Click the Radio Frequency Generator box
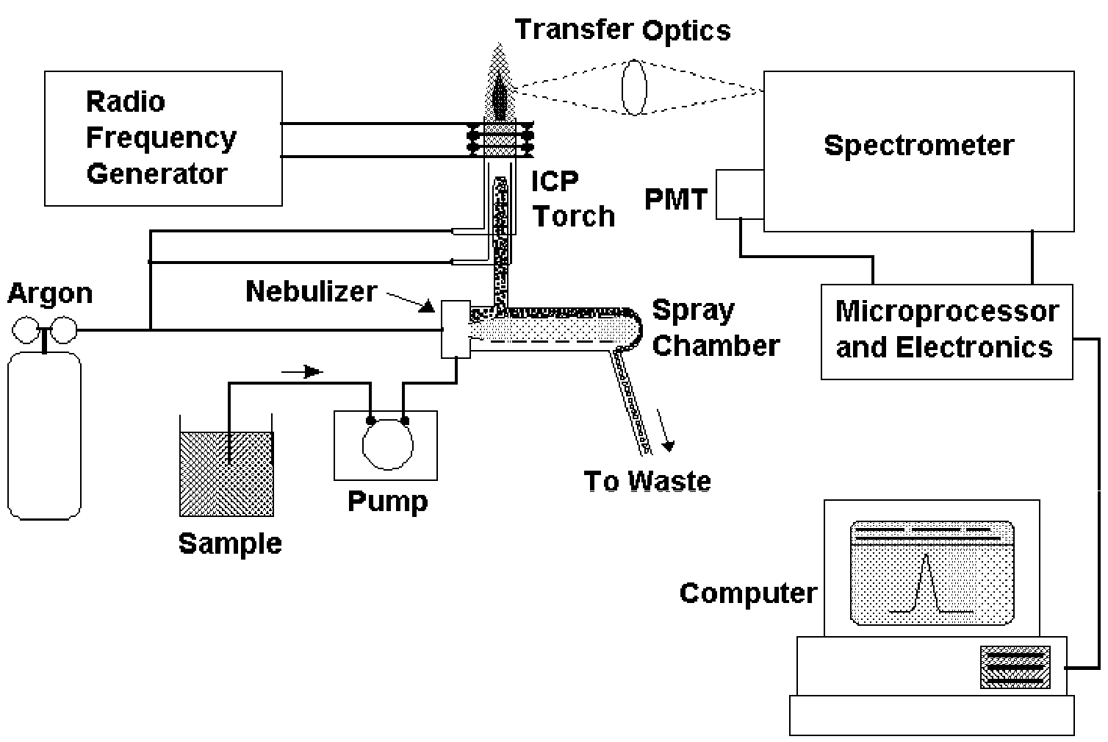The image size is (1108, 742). pos(163,138)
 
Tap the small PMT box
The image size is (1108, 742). pos(739,194)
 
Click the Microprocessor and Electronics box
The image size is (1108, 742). pos(946,331)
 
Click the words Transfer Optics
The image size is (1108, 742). pos(622,30)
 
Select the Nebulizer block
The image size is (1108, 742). pos(456,329)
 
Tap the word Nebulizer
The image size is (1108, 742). pos(311,291)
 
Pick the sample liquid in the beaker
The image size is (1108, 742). pos(226,474)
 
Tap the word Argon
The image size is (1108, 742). pos(50,293)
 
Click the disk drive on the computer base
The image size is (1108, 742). pos(1015,667)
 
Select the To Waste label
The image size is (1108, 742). pos(647,481)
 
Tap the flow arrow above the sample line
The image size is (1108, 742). pos(303,372)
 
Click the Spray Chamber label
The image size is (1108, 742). pos(715,328)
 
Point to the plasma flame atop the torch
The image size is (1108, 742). pos(500,85)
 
